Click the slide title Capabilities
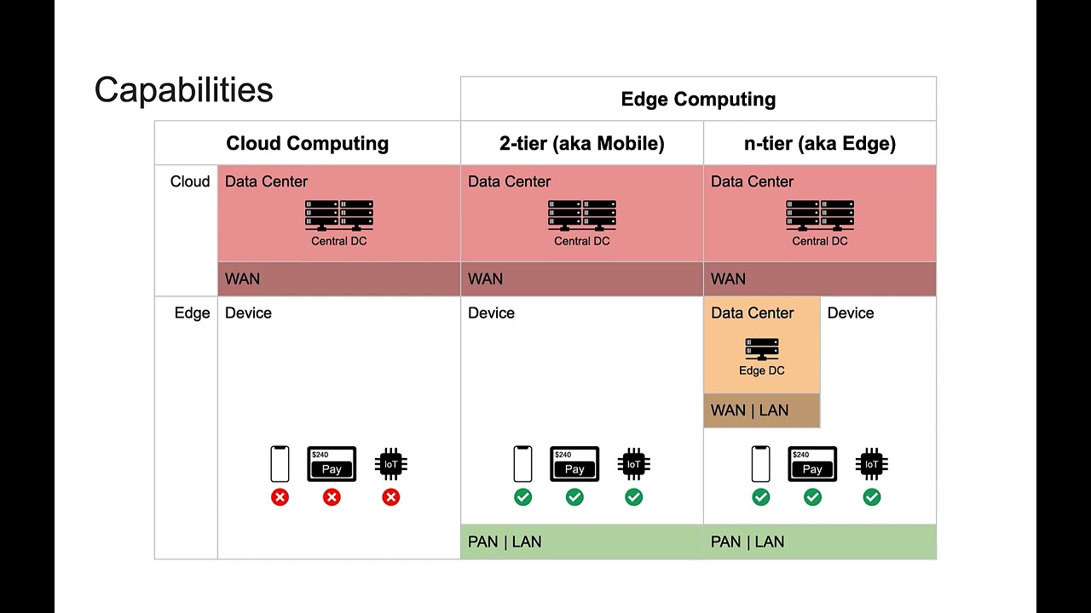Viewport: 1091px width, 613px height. [183, 90]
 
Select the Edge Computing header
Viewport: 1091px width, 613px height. [698, 100]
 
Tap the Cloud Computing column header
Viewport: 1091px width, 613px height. [307, 144]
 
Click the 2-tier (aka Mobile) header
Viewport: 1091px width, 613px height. [581, 144]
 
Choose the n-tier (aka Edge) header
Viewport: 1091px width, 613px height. [819, 144]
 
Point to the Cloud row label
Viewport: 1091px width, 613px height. [189, 182]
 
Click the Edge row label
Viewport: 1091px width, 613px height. [192, 313]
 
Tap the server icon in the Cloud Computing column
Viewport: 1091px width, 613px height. [339, 215]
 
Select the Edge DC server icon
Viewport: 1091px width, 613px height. [761, 349]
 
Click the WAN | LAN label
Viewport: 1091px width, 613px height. [749, 410]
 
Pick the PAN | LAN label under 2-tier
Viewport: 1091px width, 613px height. [505, 542]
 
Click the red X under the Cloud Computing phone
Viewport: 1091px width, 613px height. [280, 497]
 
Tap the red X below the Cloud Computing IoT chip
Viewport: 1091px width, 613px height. [390, 497]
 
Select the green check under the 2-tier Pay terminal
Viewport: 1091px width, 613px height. [574, 497]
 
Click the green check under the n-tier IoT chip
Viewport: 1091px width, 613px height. [871, 497]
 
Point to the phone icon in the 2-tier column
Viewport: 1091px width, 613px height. [522, 464]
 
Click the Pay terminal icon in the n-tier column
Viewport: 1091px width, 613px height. [812, 464]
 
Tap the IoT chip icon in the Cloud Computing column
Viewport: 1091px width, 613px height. [390, 464]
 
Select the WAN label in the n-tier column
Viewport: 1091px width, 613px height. [728, 279]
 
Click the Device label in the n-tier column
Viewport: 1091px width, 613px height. [850, 313]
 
